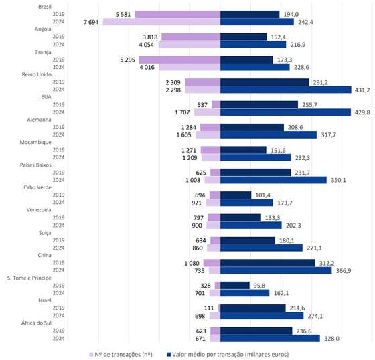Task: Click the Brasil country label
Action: coord(45,7)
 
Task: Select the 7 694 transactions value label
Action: coord(91,22)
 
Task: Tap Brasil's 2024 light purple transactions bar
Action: coord(161,22)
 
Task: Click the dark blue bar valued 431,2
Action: coord(285,90)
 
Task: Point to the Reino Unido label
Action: coord(37,74)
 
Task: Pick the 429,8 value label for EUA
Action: coord(362,112)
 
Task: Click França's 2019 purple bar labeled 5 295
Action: coord(179,60)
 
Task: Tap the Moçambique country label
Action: coord(35,143)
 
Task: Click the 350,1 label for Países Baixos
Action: coord(338,180)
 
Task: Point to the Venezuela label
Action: coord(39,210)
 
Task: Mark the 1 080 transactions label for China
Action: coord(192,263)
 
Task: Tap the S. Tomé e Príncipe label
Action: coord(29,278)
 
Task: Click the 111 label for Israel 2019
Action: coord(209,308)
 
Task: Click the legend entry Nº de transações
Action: coord(121,354)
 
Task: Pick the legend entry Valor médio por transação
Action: coord(228,354)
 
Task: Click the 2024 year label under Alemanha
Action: coord(59,134)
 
